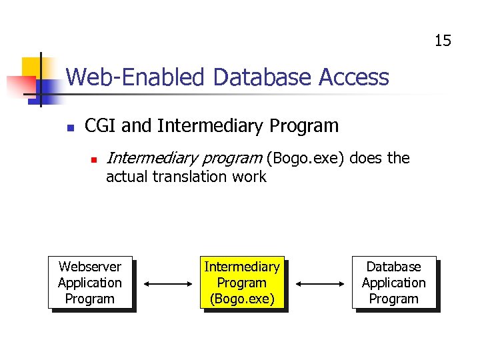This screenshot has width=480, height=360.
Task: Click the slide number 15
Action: tap(443, 41)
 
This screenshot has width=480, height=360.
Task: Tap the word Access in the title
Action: tap(354, 78)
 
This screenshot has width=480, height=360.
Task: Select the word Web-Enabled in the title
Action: tap(136, 78)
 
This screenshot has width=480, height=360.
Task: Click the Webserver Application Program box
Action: tap(90, 283)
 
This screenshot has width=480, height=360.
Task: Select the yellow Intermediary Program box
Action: tap(242, 283)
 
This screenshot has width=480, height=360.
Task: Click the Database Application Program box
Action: tap(394, 283)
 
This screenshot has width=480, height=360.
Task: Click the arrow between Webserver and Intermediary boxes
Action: tap(167, 283)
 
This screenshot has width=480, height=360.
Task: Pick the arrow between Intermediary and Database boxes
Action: tap(319, 283)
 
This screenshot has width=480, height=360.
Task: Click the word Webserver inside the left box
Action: tap(90, 267)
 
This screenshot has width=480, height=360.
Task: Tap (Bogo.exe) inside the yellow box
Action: tap(242, 299)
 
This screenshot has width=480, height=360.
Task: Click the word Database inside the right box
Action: tap(394, 267)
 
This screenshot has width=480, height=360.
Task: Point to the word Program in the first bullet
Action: tap(303, 126)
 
